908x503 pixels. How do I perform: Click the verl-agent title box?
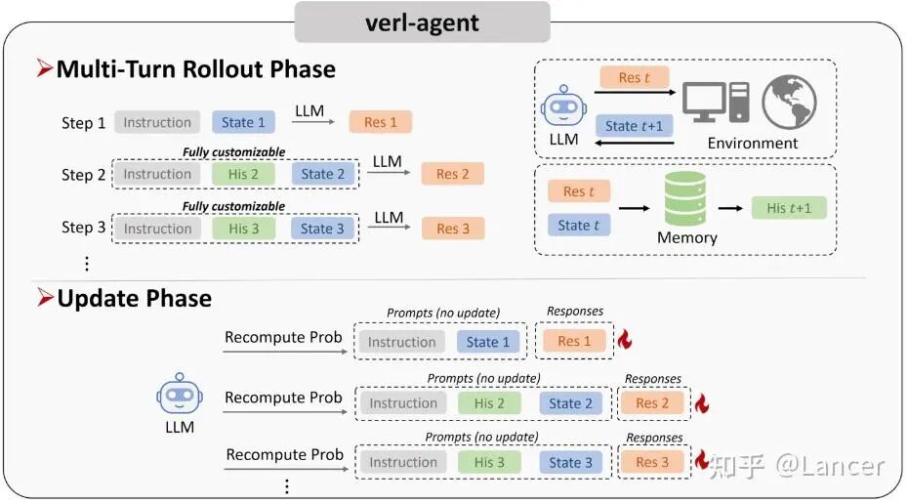[x=422, y=21]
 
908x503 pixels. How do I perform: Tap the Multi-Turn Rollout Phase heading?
[x=195, y=69]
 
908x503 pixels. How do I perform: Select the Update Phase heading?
[x=134, y=298]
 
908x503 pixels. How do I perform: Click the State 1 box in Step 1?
[x=243, y=122]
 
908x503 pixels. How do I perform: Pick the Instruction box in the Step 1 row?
[x=157, y=122]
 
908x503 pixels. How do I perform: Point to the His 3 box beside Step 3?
[x=244, y=229]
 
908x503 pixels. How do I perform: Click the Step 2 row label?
[x=83, y=175]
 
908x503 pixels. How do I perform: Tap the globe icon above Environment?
[x=788, y=103]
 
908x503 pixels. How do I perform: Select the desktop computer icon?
[x=715, y=106]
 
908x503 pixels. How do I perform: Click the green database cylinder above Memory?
[x=684, y=199]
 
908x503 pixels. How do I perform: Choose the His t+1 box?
[x=789, y=208]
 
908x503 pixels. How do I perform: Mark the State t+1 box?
[x=634, y=126]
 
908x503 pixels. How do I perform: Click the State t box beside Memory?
[x=580, y=226]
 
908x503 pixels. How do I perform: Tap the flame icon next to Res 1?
[x=625, y=340]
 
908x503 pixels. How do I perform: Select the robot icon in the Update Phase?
[x=180, y=396]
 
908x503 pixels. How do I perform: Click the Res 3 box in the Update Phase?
[x=652, y=462]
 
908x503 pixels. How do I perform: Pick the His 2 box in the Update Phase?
[x=489, y=403]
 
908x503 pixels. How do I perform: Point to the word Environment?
[x=753, y=143]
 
